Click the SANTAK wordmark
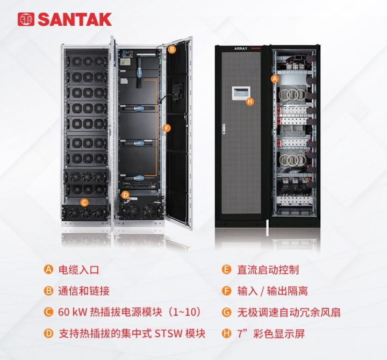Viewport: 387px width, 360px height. coord(75,19)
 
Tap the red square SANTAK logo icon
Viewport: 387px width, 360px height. coord(26,19)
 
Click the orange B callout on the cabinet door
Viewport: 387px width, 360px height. coord(172,49)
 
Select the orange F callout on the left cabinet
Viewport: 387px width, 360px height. coord(167,128)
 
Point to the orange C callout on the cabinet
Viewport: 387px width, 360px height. coord(84,203)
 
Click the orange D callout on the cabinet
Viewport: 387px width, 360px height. coord(126,195)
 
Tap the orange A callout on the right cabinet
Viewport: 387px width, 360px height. coord(275,79)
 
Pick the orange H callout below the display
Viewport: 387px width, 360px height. coord(250,101)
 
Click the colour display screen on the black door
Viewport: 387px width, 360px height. coord(241,93)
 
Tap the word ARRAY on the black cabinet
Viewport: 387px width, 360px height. coord(241,48)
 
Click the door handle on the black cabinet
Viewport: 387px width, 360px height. coord(224,129)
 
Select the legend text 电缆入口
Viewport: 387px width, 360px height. coord(78,270)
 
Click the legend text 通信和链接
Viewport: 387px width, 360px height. coord(84,291)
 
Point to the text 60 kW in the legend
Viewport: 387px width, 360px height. coord(73,312)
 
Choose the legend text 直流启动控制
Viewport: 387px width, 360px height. coord(268,270)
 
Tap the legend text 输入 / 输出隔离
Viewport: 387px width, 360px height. coord(273,291)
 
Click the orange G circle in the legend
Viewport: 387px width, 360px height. coord(226,312)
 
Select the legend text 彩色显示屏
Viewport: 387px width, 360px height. coord(279,334)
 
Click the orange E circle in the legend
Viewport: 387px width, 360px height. coord(226,269)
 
